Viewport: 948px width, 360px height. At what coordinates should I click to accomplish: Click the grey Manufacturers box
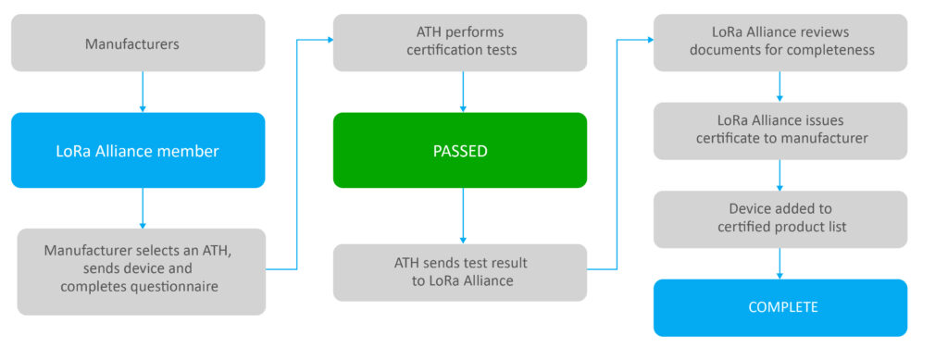(138, 43)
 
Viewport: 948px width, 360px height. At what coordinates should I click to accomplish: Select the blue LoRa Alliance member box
(138, 150)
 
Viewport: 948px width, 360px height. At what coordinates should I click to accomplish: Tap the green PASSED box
(460, 150)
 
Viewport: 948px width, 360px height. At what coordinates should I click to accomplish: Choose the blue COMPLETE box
(780, 307)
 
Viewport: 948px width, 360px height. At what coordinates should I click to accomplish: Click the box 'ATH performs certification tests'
(460, 43)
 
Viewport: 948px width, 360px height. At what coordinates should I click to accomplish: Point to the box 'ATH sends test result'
(460, 272)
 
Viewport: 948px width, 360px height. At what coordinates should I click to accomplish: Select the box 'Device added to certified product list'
(780, 219)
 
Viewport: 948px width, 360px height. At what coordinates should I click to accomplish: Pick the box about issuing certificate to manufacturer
(780, 130)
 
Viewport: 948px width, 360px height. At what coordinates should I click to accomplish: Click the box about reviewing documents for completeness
(780, 43)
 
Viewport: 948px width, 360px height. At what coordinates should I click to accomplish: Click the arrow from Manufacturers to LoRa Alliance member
(142, 92)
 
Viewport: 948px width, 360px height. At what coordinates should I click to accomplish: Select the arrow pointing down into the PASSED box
(462, 92)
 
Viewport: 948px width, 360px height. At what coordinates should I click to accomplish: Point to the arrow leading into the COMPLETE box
(780, 263)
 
